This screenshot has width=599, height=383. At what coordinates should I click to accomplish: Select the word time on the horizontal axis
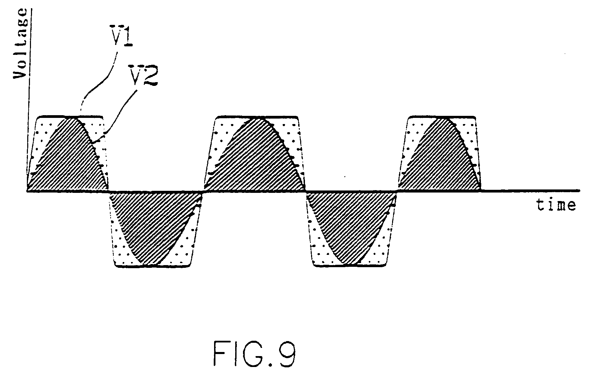556,205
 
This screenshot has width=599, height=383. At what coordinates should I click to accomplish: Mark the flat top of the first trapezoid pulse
70,117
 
